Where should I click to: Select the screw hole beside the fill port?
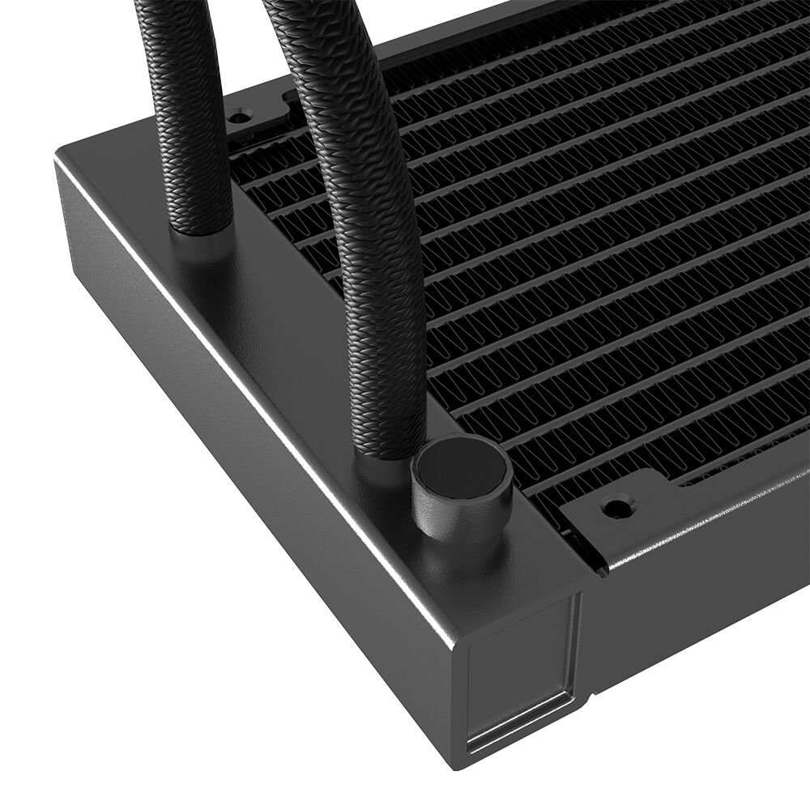tap(616, 507)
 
